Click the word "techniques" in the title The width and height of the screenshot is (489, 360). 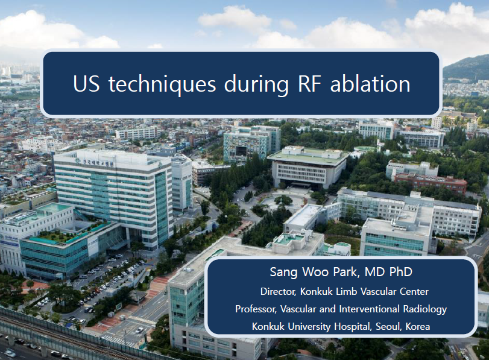162,84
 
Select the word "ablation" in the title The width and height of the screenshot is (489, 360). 370,84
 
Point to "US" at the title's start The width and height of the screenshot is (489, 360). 86,84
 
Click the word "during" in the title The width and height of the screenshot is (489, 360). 256,84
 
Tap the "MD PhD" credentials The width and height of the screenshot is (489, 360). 388,272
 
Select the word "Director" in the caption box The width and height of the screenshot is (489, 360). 278,292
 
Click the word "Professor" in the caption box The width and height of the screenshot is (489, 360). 256,309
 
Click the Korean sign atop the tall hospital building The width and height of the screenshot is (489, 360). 95,163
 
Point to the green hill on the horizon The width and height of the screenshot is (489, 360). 466,69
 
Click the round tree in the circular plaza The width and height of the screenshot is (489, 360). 283,200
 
